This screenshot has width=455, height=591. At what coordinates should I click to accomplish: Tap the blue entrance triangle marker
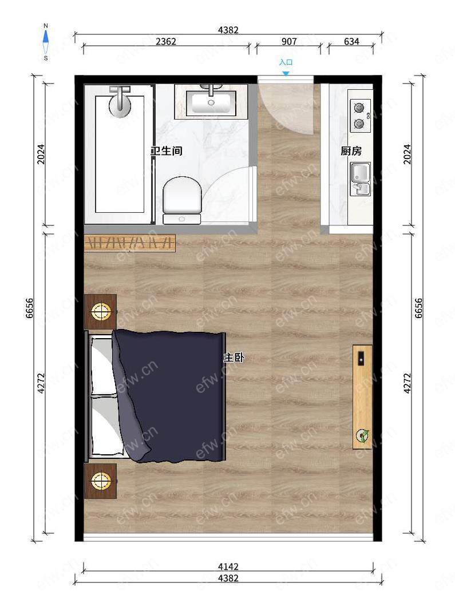tap(286, 73)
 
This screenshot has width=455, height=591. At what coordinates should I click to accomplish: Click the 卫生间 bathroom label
tap(166, 151)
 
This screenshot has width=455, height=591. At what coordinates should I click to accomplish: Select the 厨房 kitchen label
tap(351, 151)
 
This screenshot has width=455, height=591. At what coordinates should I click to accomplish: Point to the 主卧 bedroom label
tap(234, 358)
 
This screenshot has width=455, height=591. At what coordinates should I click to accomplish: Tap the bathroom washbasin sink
tap(211, 102)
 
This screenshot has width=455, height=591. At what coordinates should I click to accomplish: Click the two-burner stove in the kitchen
tap(361, 116)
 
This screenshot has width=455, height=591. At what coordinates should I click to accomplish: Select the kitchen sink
tap(361, 179)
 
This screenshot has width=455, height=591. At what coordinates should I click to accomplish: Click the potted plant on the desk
tap(363, 436)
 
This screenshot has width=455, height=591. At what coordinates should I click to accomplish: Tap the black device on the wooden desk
tap(361, 359)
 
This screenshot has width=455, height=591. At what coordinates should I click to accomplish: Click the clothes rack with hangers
tap(130, 243)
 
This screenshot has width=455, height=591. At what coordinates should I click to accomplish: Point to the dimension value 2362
tap(166, 41)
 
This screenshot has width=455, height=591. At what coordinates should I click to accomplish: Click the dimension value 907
tap(289, 41)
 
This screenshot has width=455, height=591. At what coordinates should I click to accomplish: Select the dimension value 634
tap(351, 41)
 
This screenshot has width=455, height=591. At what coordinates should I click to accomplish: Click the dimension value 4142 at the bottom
tap(228, 566)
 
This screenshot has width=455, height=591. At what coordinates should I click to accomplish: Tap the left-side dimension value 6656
tap(30, 308)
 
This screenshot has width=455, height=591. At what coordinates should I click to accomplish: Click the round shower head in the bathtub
tap(120, 105)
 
